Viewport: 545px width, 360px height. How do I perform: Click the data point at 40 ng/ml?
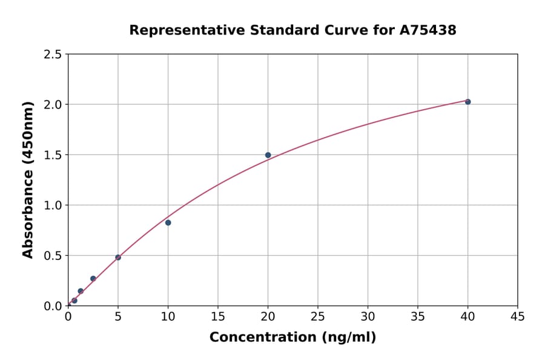[467, 102]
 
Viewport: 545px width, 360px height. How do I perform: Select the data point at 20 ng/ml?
[268, 155]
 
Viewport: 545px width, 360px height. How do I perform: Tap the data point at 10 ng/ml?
[168, 222]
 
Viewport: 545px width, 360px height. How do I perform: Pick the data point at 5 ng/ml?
[118, 258]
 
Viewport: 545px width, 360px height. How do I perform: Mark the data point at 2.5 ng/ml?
[93, 279]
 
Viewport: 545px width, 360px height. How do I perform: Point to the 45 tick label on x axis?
[518, 316]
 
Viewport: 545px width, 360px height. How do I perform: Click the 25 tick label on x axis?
[318, 316]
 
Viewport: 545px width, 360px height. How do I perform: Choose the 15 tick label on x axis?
[218, 316]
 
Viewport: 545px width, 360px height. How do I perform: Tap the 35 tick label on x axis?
[418, 316]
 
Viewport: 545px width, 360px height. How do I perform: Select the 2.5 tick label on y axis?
[53, 55]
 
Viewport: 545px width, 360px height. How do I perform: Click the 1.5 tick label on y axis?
[53, 155]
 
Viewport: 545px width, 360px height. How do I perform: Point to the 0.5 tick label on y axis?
[53, 256]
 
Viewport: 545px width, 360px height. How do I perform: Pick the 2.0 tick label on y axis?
[53, 105]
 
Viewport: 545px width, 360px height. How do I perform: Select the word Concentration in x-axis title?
[263, 338]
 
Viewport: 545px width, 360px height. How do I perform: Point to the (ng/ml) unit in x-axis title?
[348, 338]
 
